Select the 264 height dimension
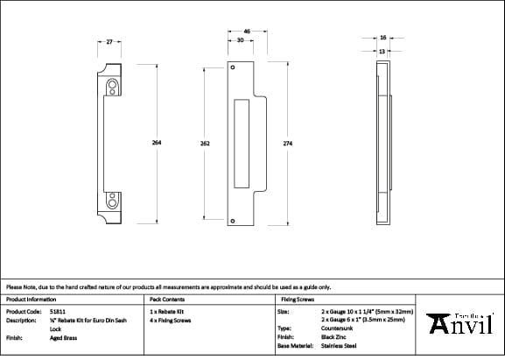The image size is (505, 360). pyautogui.click(x=158, y=143)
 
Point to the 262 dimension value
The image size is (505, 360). pyautogui.click(x=205, y=143)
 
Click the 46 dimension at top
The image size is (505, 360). pyautogui.click(x=247, y=32)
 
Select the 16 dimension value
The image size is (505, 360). pyautogui.click(x=383, y=38)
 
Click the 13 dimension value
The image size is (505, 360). pyautogui.click(x=382, y=51)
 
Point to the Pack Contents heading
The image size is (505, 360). pyautogui.click(x=167, y=299)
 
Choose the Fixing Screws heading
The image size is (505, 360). pyautogui.click(x=295, y=299)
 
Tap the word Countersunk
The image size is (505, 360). pyautogui.click(x=337, y=328)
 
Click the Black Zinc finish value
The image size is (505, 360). pyautogui.click(x=333, y=336)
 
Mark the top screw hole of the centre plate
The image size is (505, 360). pyautogui.click(x=233, y=67)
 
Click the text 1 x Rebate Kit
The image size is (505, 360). pyautogui.click(x=168, y=311)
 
